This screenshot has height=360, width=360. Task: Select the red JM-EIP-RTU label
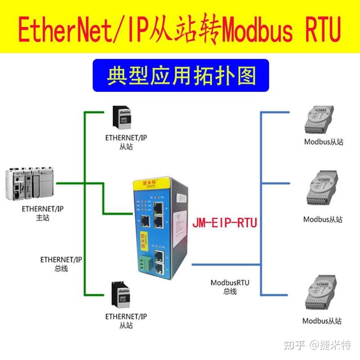(x=225, y=223)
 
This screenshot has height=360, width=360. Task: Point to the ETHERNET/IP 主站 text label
(x=42, y=213)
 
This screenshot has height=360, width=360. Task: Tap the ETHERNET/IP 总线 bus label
(x=61, y=264)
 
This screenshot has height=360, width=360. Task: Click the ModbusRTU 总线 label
(x=229, y=286)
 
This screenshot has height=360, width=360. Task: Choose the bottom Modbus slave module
(x=321, y=293)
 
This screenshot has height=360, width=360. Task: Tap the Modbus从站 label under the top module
(x=323, y=142)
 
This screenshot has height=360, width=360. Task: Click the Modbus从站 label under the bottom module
(x=322, y=321)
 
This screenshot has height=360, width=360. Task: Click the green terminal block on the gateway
(x=144, y=265)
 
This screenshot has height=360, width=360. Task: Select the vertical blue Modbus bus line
(x=261, y=202)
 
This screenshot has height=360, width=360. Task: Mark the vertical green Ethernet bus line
(x=84, y=202)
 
